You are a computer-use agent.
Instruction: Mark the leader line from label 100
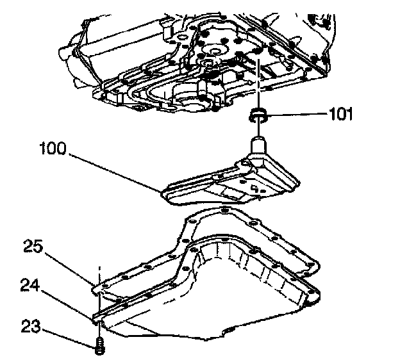[115, 172]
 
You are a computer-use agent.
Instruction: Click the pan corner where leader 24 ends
[96, 316]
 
